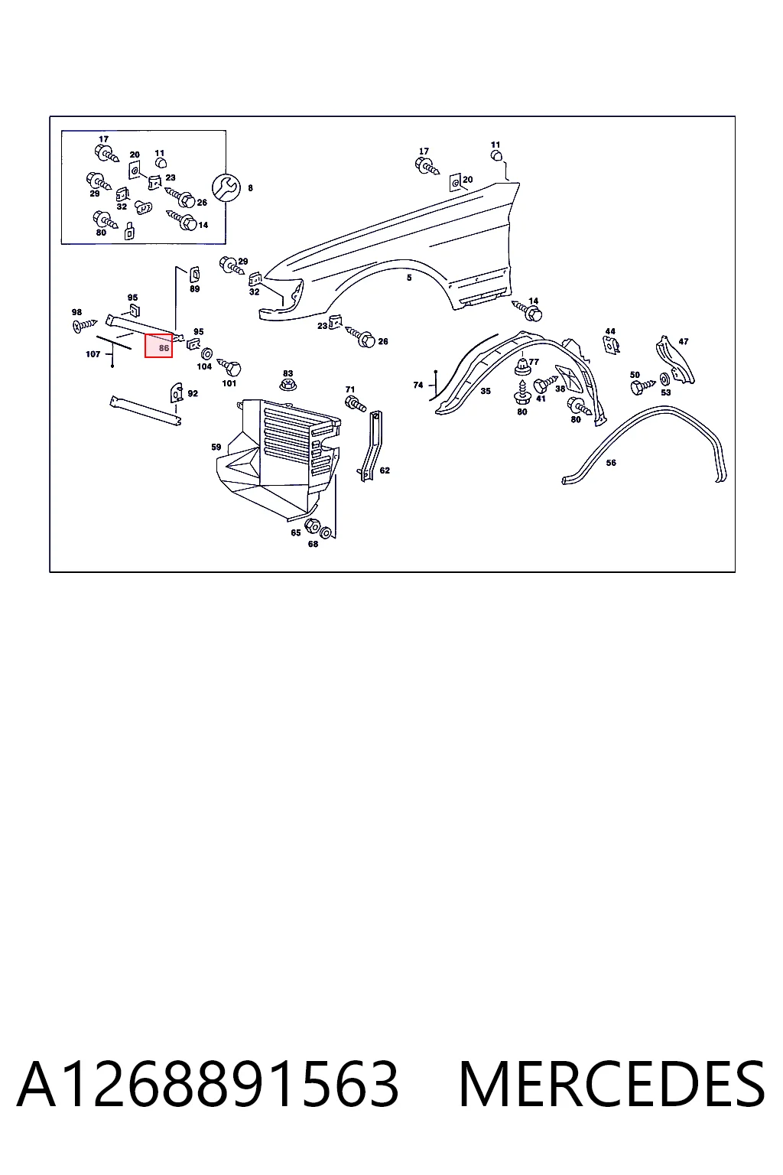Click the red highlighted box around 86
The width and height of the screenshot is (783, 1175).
click(158, 346)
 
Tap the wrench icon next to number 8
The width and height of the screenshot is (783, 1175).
click(226, 187)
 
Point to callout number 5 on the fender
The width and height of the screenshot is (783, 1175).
click(409, 278)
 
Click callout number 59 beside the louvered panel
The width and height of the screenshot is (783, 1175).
click(216, 447)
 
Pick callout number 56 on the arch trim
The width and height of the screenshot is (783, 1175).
click(611, 463)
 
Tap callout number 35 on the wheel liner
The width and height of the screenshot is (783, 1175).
click(486, 391)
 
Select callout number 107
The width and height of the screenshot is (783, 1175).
click(93, 354)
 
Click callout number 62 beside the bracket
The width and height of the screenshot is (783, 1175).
click(385, 470)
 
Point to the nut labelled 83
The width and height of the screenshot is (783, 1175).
click(288, 385)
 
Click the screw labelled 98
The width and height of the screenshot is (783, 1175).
click(85, 326)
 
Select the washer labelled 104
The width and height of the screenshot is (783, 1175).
click(206, 353)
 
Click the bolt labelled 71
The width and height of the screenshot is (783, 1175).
click(355, 404)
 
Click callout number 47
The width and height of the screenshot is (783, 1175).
click(684, 341)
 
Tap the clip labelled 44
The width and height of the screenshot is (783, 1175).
click(611, 344)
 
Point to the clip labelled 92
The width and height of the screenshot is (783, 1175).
click(176, 392)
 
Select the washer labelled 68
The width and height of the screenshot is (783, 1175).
click(325, 532)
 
